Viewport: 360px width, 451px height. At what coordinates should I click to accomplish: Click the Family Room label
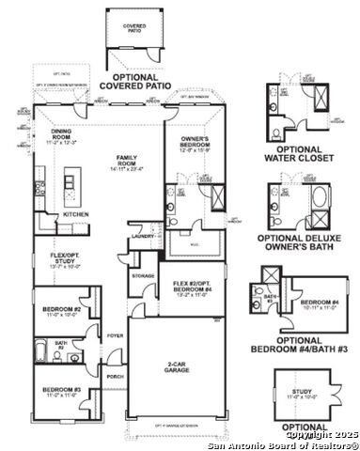pos(124,161)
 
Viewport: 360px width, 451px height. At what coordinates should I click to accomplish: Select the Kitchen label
pos(76,213)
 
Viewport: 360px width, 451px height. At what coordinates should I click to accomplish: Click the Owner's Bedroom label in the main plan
pos(194,144)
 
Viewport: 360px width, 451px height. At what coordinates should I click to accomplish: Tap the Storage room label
pos(143,275)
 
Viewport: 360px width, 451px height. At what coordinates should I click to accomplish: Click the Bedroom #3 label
pos(59,393)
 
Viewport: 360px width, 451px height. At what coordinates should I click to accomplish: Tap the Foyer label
pos(114,334)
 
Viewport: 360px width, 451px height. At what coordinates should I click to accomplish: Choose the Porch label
pos(115,377)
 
